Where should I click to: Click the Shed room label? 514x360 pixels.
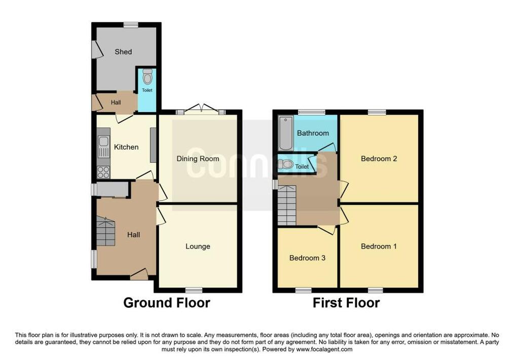[x=123, y=52]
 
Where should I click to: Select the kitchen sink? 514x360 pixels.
[x=103, y=147]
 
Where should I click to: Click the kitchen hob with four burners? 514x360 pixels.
[x=103, y=172]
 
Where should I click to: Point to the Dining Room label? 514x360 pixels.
[x=198, y=159]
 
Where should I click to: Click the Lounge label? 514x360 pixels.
[x=198, y=246]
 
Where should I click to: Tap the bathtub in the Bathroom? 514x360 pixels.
[x=285, y=133]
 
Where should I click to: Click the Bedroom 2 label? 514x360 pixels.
[x=379, y=159]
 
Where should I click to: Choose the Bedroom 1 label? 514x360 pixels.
[x=379, y=246]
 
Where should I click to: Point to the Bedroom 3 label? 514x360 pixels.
[x=307, y=258]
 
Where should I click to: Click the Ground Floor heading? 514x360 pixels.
[x=167, y=303]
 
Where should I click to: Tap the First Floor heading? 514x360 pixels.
[x=346, y=303]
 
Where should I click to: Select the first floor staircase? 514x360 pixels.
[x=287, y=205]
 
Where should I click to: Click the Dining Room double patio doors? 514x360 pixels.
[x=201, y=110]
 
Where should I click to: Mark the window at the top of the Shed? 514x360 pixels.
[x=131, y=24]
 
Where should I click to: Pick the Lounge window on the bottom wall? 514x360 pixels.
[x=194, y=290]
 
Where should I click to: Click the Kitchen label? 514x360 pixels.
[x=126, y=147]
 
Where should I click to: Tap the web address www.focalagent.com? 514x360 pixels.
[x=324, y=349]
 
